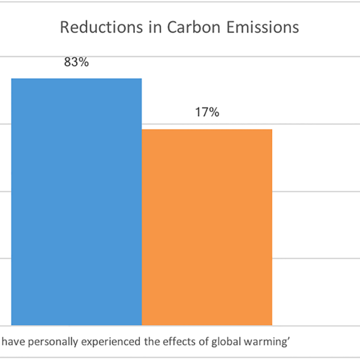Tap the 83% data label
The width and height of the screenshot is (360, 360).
pyautogui.click(x=77, y=62)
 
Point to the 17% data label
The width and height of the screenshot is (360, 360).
pyautogui.click(x=207, y=112)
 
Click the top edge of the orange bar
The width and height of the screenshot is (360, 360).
pyautogui.click(x=207, y=130)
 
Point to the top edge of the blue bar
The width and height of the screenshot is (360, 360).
pyautogui.click(x=76, y=79)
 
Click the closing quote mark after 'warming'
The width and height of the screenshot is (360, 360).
pyautogui.click(x=289, y=338)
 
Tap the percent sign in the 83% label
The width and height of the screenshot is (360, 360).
pyautogui.click(x=83, y=62)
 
